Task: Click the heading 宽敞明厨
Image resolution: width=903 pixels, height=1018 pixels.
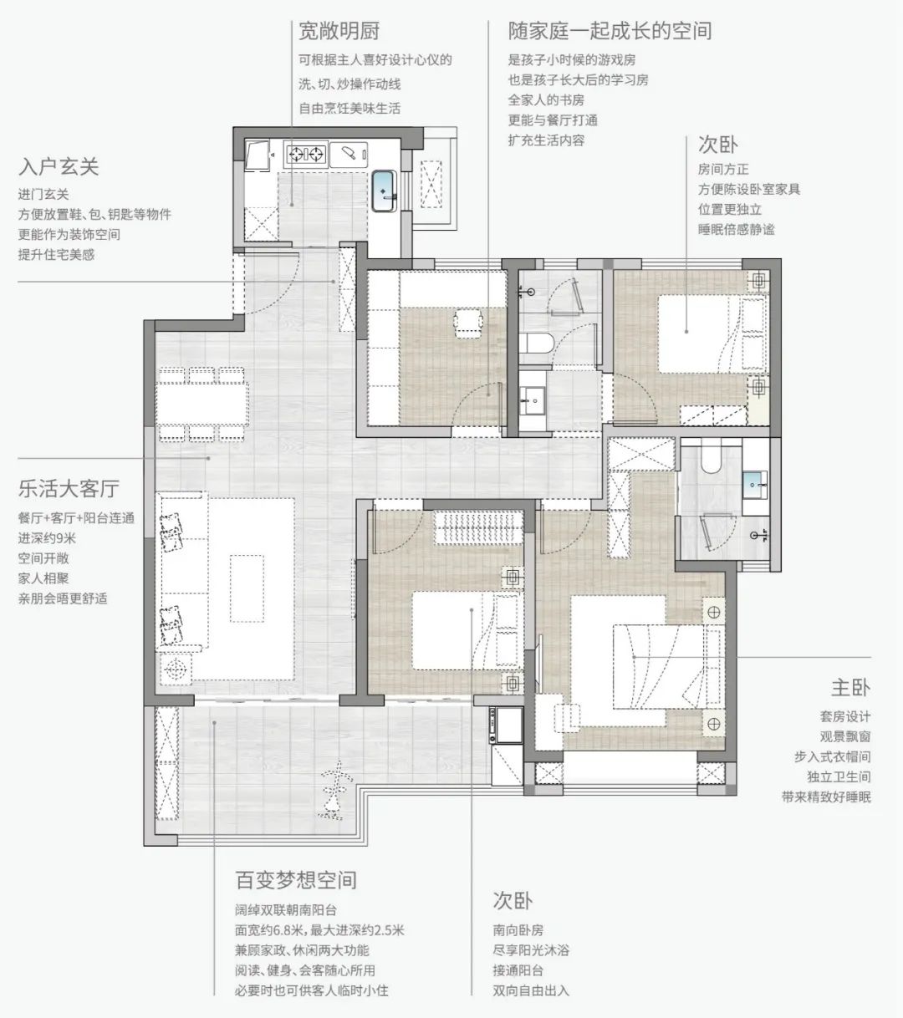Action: [339, 32]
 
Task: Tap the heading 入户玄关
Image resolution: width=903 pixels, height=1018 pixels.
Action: [59, 167]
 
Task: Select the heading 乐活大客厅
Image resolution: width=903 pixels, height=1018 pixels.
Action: [69, 488]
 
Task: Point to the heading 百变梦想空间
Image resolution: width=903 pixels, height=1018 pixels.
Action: [296, 880]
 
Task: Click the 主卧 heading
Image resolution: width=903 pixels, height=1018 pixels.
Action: [850, 688]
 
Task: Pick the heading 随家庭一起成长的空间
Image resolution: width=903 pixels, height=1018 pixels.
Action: [610, 32]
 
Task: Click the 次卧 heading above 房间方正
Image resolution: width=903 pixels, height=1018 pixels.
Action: [718, 144]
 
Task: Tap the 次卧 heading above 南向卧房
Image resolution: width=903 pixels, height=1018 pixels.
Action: [513, 901]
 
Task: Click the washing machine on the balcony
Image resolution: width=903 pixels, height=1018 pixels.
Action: [508, 725]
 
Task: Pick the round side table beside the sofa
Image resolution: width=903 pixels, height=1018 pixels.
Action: [176, 669]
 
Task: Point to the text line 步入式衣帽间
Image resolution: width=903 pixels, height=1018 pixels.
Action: [832, 756]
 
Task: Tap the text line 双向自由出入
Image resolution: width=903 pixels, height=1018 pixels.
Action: [531, 990]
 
